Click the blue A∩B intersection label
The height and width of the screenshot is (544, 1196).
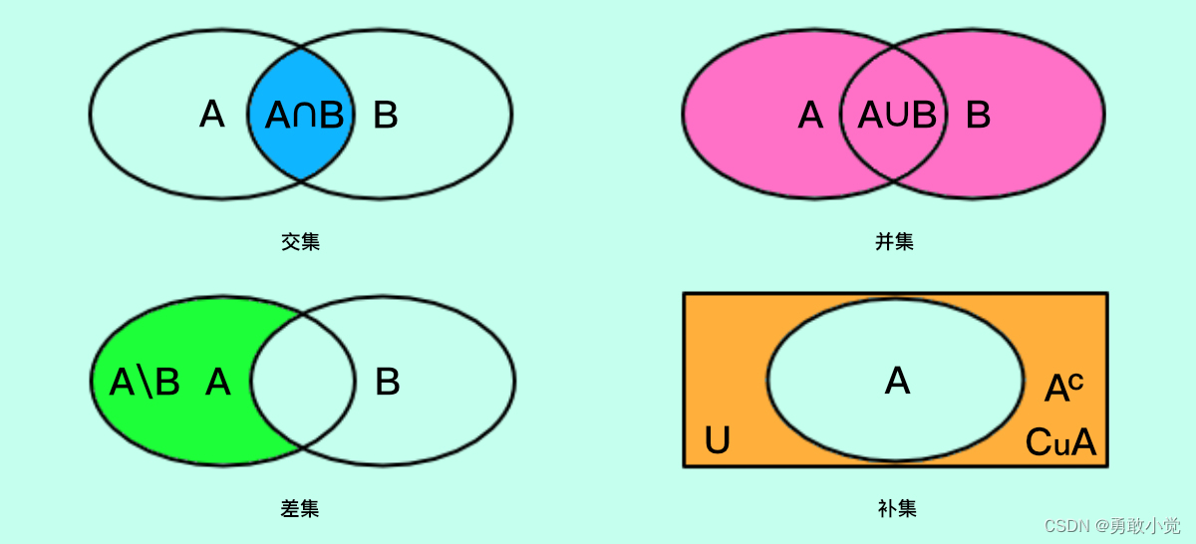coord(304,116)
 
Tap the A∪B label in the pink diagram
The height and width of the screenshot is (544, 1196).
coord(897,116)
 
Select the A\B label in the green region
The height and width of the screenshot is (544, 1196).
coord(145,382)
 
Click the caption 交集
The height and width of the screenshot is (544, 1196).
coord(300,241)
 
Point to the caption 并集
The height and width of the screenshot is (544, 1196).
coord(894,241)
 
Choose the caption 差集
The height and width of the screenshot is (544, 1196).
coord(300,508)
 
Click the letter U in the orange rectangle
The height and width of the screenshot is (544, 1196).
coord(717,440)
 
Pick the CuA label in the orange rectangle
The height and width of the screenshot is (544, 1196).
coord(1060,442)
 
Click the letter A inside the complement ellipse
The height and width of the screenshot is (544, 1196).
coord(897,381)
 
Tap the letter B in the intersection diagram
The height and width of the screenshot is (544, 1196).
coord(386,116)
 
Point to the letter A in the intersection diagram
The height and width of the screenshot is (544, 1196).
coord(211,115)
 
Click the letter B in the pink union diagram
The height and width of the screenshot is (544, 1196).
coord(978,116)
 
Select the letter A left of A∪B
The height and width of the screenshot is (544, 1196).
coord(810,116)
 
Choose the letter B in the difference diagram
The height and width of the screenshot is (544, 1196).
coord(387,382)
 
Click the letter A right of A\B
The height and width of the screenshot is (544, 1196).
coord(217,382)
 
